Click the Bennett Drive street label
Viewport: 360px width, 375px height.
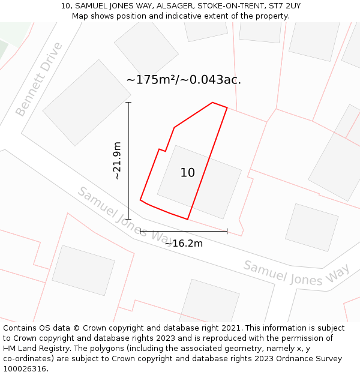click(39, 79)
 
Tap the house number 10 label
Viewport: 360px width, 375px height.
click(187, 173)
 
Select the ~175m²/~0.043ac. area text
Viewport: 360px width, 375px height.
click(184, 80)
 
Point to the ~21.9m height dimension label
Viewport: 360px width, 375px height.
click(117, 160)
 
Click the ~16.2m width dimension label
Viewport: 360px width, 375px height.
click(184, 243)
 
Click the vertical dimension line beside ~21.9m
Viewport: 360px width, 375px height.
click(128, 161)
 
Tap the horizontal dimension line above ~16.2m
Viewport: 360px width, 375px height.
click(184, 231)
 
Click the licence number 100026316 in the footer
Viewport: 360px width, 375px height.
click(25, 369)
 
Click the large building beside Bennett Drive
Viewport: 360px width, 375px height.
click(87, 103)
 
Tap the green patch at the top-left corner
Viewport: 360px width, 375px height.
click(3, 49)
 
